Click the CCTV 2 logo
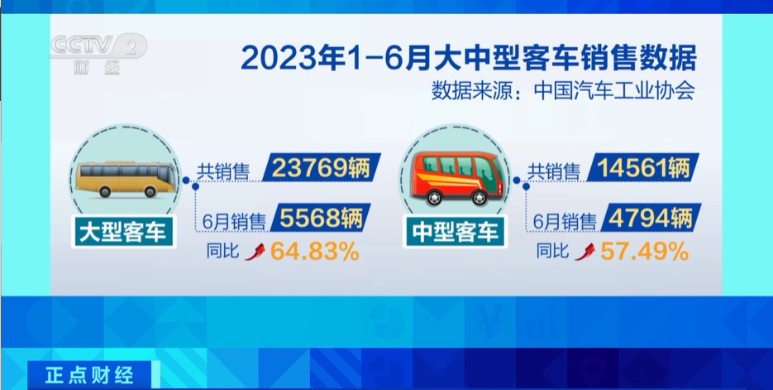pos(98,54)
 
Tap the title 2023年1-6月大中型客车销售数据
pos(468,58)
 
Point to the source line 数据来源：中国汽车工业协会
pos(564,91)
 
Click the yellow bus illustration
pos(126,179)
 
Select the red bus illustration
pos(457,179)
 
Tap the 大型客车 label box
pos(123,232)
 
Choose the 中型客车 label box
pos(456,232)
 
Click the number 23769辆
pos(321,168)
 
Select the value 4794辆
pos(651,218)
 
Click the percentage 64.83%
pos(314,252)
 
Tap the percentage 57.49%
pos(644,252)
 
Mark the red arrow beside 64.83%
pos(255,252)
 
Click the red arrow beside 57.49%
pos(585,252)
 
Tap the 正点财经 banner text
pos(89,375)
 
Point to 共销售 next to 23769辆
pos(223,171)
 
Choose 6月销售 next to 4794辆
pos(565,222)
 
